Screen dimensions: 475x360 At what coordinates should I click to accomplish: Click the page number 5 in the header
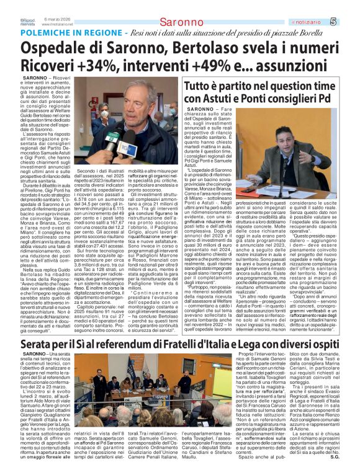click(x=350, y=6)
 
